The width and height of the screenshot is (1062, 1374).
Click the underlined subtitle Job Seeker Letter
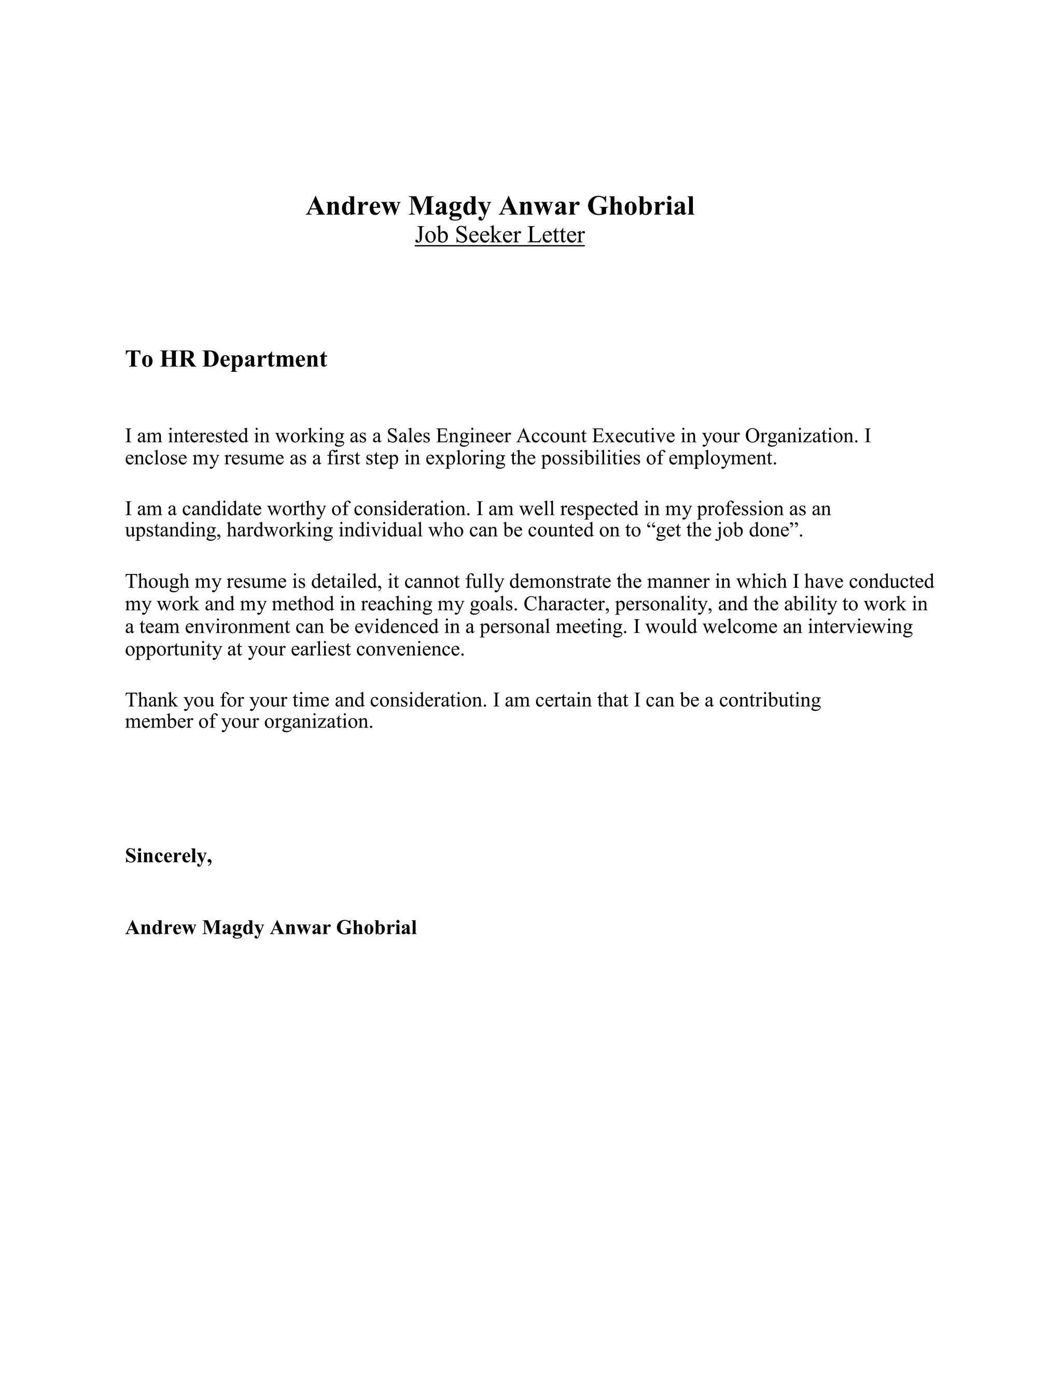(x=499, y=235)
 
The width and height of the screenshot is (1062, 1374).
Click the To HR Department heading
(x=226, y=359)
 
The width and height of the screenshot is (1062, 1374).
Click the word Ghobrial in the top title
(x=640, y=206)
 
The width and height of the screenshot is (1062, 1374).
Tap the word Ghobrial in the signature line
(x=376, y=928)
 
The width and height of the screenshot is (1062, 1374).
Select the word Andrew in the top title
(x=353, y=206)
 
